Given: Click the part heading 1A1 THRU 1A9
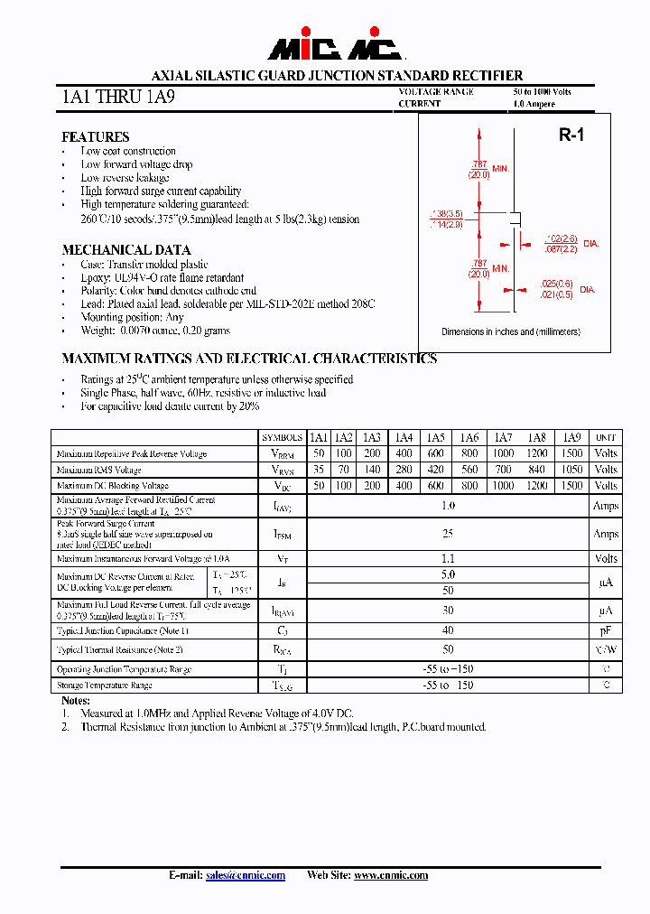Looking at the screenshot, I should (112, 97).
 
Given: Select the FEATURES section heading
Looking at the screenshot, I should (95, 137).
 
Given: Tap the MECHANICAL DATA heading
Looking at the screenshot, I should (125, 250).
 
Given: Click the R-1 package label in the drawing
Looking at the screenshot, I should (571, 135).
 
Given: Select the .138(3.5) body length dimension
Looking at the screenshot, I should (447, 213).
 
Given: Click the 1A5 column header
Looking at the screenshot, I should (436, 437).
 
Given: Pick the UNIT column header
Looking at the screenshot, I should (606, 437).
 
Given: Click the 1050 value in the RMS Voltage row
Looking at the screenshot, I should (571, 470).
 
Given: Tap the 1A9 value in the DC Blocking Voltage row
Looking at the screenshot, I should (571, 486).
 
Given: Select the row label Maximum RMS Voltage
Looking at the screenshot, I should (98, 471).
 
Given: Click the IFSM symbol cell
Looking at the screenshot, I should (283, 534).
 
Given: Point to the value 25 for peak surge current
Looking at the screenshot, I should (448, 534).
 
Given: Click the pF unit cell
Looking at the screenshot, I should (606, 631).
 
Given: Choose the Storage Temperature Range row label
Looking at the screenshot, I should (104, 685).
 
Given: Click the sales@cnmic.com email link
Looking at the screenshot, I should (246, 875).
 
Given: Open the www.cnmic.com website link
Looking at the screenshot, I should (390, 875).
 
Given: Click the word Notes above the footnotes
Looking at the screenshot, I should (76, 701).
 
